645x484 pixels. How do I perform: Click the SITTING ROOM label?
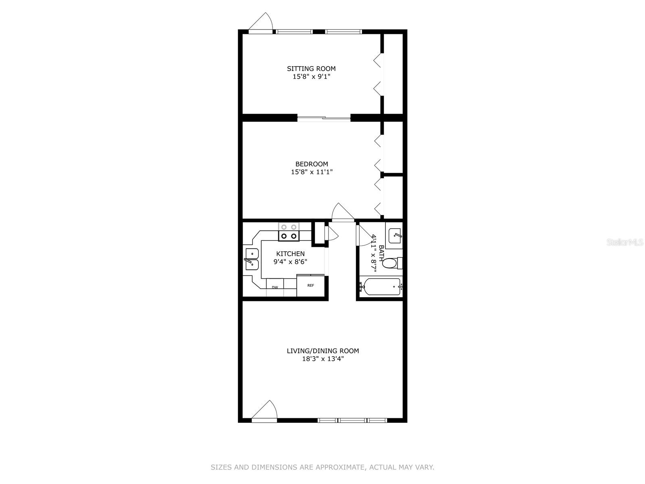point(311,69)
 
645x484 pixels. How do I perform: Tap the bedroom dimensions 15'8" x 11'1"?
point(312,172)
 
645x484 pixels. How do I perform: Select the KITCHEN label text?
point(290,254)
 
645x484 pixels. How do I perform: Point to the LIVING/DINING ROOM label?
point(322,351)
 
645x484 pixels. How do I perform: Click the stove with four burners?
point(289,232)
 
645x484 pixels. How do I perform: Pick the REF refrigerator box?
point(310,286)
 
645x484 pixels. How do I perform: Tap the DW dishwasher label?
point(275,288)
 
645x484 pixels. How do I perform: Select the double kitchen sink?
point(252,259)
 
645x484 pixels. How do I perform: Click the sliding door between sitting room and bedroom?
point(324,118)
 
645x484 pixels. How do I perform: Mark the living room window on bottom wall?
point(352,420)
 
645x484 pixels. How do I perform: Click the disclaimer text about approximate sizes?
point(322,467)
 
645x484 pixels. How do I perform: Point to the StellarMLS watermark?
point(625,242)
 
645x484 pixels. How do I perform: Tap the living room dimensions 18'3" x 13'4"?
point(322,359)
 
